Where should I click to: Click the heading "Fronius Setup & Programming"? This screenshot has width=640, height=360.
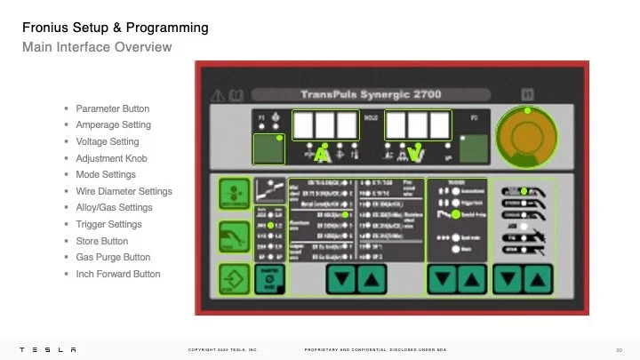click(x=116, y=28)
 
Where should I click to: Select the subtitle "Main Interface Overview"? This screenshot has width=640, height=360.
click(x=97, y=46)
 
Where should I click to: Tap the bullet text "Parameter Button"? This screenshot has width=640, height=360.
click(x=113, y=108)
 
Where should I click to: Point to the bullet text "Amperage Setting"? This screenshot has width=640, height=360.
click(x=113, y=125)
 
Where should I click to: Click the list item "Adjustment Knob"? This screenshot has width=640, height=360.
click(x=111, y=158)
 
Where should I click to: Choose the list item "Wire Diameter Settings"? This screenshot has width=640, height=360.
click(x=124, y=191)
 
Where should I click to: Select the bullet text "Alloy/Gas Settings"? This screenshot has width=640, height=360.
click(x=114, y=208)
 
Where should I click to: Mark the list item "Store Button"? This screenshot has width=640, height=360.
click(x=101, y=241)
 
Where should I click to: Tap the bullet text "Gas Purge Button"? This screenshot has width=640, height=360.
click(x=113, y=258)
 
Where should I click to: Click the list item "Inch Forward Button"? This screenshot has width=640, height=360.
click(x=117, y=274)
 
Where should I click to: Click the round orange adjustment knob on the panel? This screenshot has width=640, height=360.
click(x=528, y=136)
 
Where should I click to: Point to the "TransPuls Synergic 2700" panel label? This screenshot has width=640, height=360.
click(x=372, y=93)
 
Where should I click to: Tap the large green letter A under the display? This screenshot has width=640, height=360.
click(x=322, y=155)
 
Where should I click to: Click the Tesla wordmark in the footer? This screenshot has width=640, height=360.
click(x=50, y=349)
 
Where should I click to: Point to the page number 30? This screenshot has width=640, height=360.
click(x=618, y=349)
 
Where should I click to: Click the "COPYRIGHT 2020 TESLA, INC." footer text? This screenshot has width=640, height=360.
click(x=222, y=349)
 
